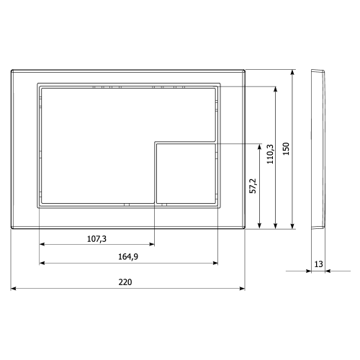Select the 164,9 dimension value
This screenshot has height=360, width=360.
coord(128,257)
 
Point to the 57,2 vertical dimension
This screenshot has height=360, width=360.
coord(253,186)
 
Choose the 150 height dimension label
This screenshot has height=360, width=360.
coord(286,149)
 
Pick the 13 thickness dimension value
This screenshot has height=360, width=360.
coord(318,264)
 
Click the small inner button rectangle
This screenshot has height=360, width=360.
coord(185,173)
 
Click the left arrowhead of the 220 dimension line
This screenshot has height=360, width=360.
coord(14,289)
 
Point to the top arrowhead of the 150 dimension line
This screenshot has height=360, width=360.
coord(293,72)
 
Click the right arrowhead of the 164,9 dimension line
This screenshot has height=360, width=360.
coord(215,264)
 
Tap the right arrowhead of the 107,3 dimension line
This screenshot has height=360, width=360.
coord(153,244)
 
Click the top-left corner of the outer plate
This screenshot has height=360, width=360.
coord(12,70)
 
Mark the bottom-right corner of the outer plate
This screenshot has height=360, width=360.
coord(245,229)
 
